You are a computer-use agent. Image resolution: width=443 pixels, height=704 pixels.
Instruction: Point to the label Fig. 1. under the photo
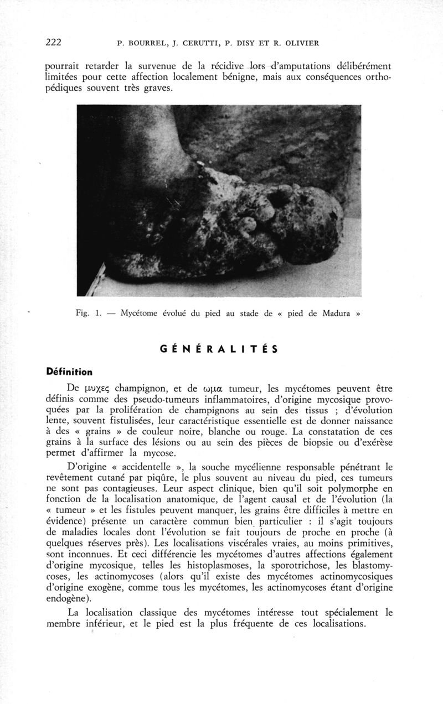[87, 312]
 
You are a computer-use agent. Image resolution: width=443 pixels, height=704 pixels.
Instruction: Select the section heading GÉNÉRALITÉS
[218, 349]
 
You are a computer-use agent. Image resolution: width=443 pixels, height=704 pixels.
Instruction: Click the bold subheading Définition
[69, 371]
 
